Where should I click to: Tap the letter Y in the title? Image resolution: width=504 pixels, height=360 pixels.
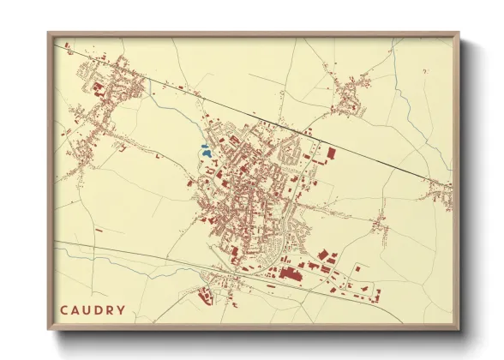(122, 310)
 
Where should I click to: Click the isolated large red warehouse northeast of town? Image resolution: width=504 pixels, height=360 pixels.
(331, 153)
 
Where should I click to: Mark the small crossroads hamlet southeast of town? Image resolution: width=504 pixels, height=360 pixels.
(378, 225)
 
